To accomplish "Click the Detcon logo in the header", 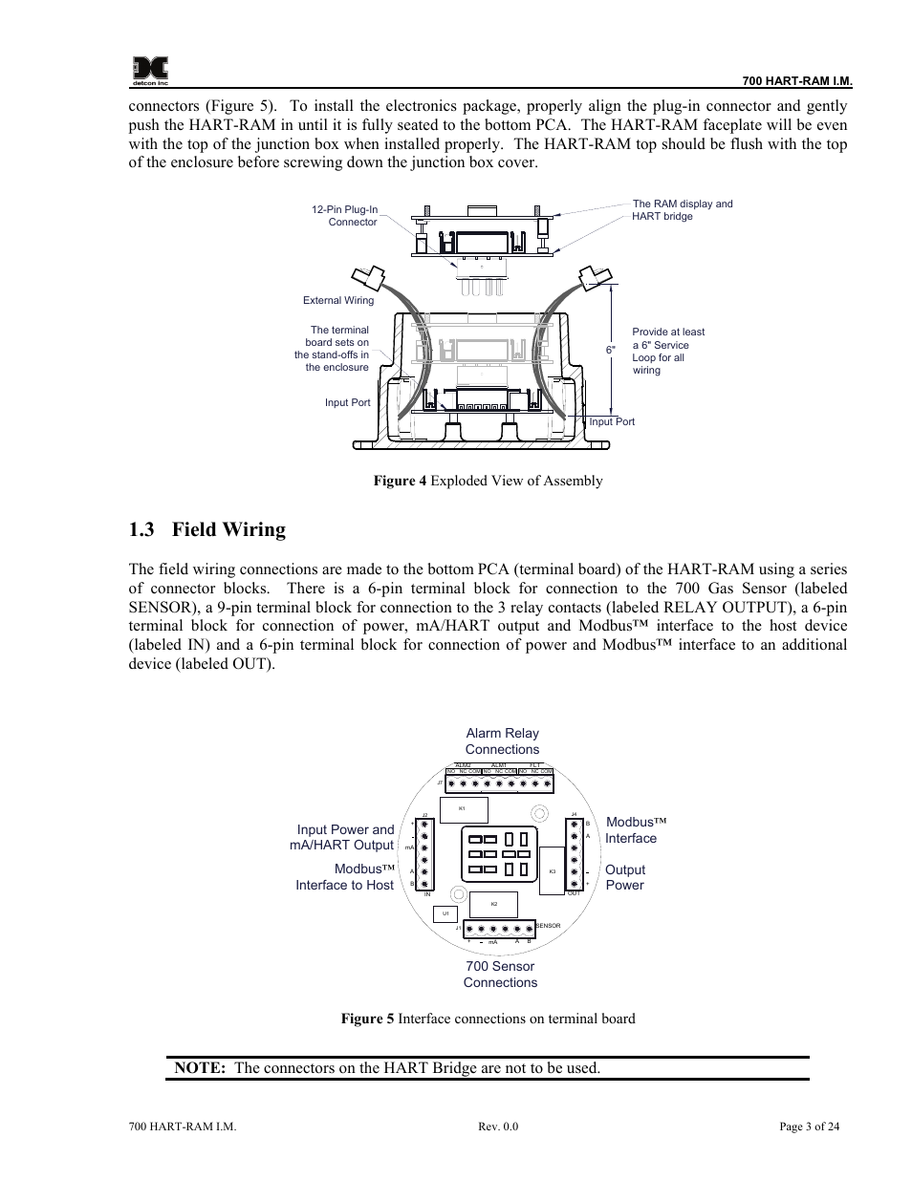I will tap(150, 68).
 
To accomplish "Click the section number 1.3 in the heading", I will tap(142, 530).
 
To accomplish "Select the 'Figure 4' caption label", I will tap(400, 481).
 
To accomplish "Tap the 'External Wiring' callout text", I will tap(338, 300).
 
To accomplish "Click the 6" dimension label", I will tap(611, 351).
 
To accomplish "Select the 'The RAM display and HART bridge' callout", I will tap(682, 210).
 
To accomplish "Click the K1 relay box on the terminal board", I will tap(463, 809).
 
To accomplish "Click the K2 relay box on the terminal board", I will tap(493, 904).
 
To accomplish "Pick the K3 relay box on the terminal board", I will tap(553, 871).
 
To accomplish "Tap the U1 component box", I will tap(445, 913).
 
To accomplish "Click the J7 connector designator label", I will tap(440, 783).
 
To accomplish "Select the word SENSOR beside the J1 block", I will tap(548, 926).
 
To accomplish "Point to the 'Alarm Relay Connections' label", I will tap(502, 741).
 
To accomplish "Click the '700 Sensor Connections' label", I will tap(500, 975).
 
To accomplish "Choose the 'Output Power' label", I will tap(624, 877).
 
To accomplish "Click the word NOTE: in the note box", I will tap(200, 1068).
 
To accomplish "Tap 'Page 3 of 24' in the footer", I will tap(809, 1126).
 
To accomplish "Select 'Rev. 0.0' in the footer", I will tap(498, 1126).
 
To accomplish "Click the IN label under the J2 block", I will tap(428, 894).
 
